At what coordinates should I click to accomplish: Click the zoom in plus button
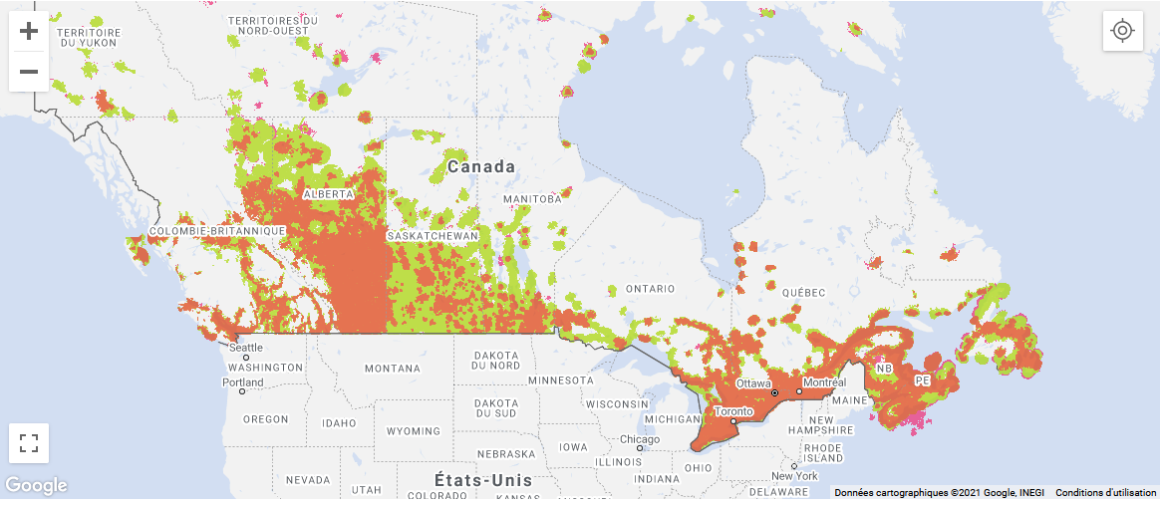29,31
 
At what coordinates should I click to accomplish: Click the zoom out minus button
29,71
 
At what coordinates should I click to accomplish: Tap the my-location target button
1122,31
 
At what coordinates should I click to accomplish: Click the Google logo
37,486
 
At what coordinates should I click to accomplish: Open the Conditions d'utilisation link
1105,493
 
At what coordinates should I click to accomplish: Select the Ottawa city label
753,383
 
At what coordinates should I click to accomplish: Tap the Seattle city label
246,348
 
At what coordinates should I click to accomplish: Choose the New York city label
794,476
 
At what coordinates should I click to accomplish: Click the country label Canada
480,166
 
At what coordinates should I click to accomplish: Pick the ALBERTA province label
328,193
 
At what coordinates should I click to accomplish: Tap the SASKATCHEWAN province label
433,235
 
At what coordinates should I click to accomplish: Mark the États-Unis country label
483,480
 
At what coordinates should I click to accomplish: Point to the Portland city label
243,382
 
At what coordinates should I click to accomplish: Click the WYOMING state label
413,431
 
